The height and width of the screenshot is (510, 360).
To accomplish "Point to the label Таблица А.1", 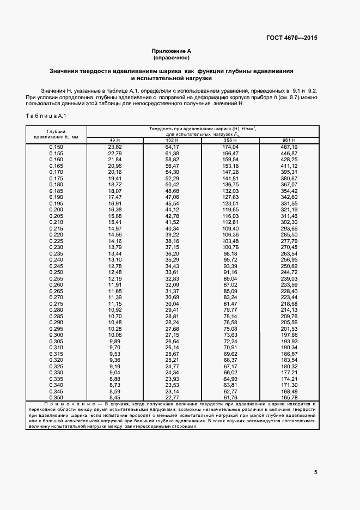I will point(45,116).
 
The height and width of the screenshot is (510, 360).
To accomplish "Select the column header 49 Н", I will point(114,141).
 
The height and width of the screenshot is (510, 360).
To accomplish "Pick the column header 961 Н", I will point(289,141).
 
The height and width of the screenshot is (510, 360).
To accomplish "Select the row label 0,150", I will point(56,147).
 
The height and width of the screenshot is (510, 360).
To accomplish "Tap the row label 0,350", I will point(56,397).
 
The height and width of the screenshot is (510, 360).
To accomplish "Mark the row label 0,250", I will point(56,272).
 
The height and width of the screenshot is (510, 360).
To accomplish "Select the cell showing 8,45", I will point(114,397).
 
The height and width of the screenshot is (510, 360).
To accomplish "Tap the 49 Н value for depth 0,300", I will point(114,335).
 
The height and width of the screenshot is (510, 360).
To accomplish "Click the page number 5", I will point(316,472).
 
